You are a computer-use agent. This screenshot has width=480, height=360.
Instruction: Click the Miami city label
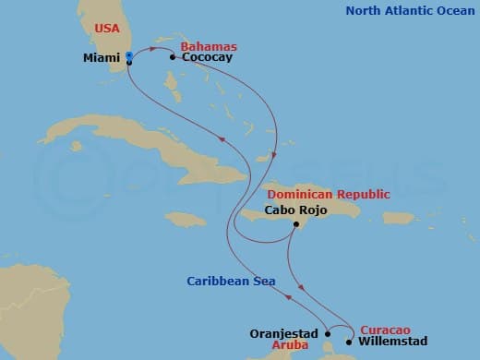tap(102, 57)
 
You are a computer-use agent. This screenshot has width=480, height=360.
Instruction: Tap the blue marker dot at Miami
tap(128, 57)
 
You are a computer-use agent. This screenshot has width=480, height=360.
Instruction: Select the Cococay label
tap(207, 57)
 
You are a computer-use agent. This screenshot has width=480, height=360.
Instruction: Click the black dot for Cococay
tap(173, 57)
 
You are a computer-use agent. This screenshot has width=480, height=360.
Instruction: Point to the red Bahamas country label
tap(209, 46)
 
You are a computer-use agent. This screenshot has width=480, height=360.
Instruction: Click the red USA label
tap(107, 29)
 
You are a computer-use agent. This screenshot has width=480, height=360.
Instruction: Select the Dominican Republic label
tap(329, 195)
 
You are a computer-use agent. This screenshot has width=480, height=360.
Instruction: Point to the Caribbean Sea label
tap(231, 281)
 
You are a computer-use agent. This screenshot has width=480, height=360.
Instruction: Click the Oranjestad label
tap(284, 333)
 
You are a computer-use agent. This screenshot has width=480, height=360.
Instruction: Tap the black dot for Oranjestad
tap(327, 333)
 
